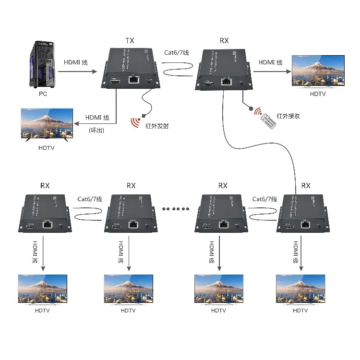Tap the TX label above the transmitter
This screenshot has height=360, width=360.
(x=130, y=41)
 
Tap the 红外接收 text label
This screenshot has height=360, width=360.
(x=288, y=116)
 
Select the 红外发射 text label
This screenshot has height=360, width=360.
(x=156, y=127)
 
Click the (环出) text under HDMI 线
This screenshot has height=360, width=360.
(x=96, y=130)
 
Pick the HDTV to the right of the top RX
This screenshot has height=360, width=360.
(x=318, y=71)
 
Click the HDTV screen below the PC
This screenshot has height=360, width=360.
(x=46, y=123)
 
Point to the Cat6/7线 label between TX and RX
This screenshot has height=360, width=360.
(x=177, y=52)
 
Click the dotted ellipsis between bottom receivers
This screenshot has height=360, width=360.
(x=176, y=209)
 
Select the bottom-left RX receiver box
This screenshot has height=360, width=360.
(x=46, y=214)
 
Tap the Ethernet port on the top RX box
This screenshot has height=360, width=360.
(x=225, y=82)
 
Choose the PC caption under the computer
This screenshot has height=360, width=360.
(x=43, y=94)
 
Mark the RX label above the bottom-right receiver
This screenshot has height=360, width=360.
(x=305, y=186)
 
